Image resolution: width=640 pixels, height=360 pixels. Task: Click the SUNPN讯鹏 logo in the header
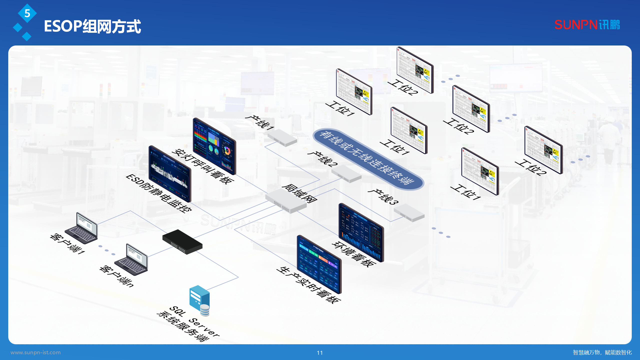pyautogui.click(x=587, y=25)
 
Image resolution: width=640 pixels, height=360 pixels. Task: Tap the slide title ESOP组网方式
pyautogui.click(x=92, y=26)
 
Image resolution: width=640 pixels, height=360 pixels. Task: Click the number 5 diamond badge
pyautogui.click(x=27, y=13)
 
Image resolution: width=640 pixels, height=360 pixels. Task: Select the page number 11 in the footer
pyautogui.click(x=320, y=353)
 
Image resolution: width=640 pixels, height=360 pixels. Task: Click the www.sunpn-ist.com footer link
pyautogui.click(x=35, y=352)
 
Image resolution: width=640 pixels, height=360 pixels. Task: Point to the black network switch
pyautogui.click(x=182, y=241)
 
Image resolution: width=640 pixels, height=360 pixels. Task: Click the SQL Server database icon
pyautogui.click(x=199, y=300)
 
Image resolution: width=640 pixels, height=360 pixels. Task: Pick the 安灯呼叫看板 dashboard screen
pyautogui.click(x=214, y=146)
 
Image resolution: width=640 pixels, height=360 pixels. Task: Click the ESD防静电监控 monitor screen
pyautogui.click(x=170, y=174)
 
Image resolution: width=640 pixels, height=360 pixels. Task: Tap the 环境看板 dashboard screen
pyautogui.click(x=361, y=232)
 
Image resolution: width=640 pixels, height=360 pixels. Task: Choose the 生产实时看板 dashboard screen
pyautogui.click(x=319, y=264)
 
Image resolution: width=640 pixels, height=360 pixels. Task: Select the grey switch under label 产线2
pyautogui.click(x=346, y=173)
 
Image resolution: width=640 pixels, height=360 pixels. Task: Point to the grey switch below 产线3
pyautogui.click(x=409, y=212)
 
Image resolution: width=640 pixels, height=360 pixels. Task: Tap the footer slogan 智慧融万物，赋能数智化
pyautogui.click(x=602, y=352)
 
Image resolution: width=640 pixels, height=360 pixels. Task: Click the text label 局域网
pyautogui.click(x=299, y=193)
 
